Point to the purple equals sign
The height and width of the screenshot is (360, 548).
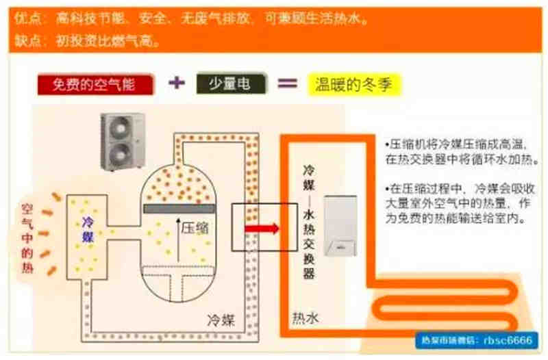pyautogui.click(x=287, y=83)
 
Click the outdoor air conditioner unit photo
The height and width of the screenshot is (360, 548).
pyautogui.click(x=123, y=141)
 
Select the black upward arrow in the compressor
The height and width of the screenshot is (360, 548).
pyautogui.click(x=177, y=240)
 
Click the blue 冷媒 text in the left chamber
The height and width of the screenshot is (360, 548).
pyautogui.click(x=88, y=229)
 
